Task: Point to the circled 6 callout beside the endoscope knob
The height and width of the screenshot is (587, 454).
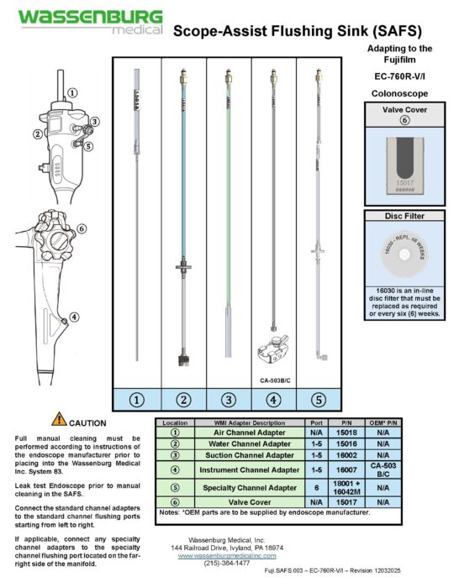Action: (x=82, y=228)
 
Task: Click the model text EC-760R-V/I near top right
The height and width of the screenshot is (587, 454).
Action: (x=401, y=76)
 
